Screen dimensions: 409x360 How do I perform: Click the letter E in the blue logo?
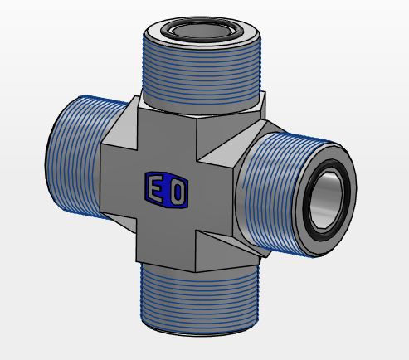click(x=155, y=190)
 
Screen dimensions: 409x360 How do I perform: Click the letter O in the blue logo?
click(x=177, y=192)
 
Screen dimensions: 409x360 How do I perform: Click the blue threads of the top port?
click(x=202, y=72)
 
